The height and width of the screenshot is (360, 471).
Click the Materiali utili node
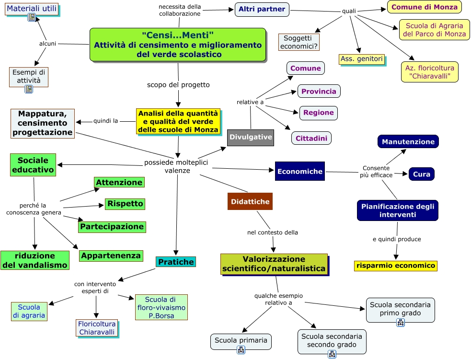(32, 9)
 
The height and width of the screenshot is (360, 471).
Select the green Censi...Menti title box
(178, 44)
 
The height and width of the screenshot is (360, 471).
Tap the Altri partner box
(262, 9)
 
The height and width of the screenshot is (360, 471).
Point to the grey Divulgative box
(251, 137)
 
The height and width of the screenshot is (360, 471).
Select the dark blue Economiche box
(300, 171)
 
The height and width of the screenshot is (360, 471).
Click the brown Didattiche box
(250, 202)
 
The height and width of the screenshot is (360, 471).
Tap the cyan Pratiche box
(176, 262)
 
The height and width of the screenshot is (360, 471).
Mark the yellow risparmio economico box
(396, 266)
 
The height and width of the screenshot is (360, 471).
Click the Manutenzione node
(408, 141)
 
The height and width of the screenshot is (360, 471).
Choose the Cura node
(421, 174)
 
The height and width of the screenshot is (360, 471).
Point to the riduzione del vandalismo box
(35, 260)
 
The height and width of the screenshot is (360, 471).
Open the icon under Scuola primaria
(241, 350)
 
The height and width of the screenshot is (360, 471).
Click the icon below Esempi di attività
(29, 89)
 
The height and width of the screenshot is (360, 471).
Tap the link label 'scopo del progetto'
(178, 85)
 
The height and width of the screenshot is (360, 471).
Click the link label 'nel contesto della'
(273, 232)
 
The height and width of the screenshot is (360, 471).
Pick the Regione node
(319, 113)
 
